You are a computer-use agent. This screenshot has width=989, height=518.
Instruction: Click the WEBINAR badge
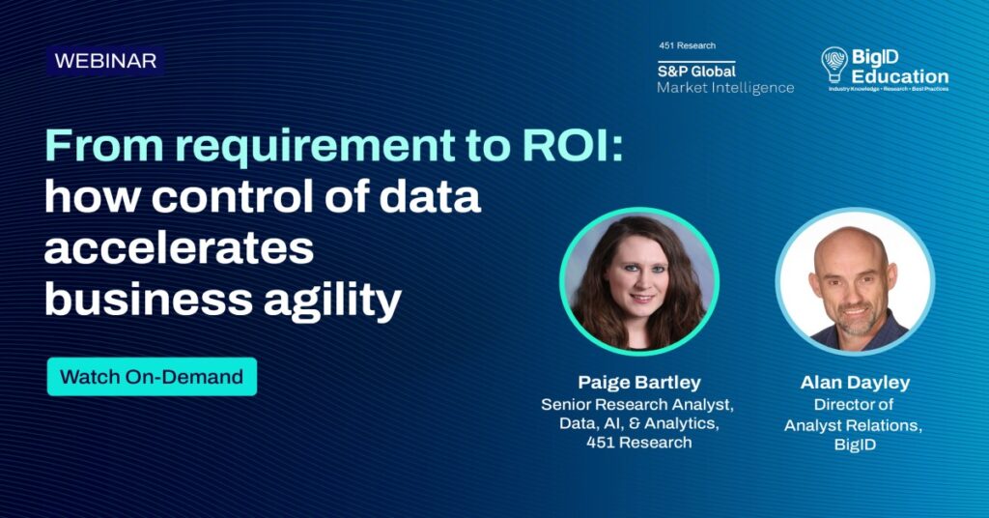[105, 61]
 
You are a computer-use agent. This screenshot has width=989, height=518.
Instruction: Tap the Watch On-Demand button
[152, 377]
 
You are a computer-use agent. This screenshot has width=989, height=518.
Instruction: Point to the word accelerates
[179, 247]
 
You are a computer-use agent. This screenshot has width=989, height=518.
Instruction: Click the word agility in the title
[332, 299]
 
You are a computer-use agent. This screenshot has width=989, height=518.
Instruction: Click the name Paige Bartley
[639, 383]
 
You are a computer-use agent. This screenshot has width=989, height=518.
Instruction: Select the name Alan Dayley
[855, 383]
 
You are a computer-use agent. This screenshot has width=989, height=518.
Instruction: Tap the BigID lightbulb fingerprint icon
[834, 65]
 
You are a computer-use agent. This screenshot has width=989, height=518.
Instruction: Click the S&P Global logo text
[696, 71]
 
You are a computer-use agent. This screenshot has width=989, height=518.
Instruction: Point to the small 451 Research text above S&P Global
[687, 45]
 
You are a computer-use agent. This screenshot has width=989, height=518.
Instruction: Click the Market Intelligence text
[725, 88]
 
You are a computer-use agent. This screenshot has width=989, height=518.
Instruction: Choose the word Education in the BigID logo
[900, 76]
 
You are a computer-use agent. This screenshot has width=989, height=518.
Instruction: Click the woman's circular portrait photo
[639, 281]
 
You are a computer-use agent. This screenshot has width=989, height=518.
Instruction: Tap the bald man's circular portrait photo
[855, 281]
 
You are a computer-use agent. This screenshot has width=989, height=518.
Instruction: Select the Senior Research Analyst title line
[637, 404]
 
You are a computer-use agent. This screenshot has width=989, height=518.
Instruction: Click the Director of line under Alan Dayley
[854, 404]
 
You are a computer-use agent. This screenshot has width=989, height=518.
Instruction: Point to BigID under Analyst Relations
[855, 445]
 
